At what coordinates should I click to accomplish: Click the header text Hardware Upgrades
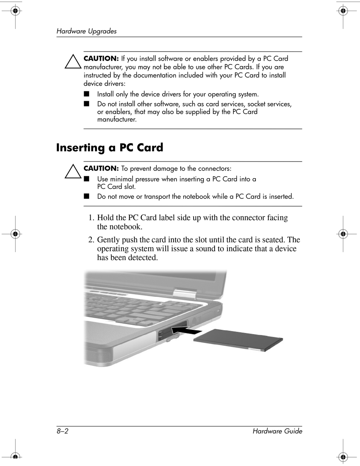point(86,31)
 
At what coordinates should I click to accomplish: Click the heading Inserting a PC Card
point(110,147)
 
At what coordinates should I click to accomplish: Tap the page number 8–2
point(62,431)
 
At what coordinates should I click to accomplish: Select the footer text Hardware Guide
point(277,431)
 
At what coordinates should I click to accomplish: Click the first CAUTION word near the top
point(101,59)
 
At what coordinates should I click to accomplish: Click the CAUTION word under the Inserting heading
point(101,168)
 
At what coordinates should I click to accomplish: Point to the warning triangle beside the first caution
point(73,62)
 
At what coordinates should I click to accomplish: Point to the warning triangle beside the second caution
point(73,171)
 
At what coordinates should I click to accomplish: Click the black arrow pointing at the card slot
point(188,331)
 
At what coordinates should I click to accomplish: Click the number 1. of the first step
point(91,218)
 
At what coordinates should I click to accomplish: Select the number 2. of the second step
point(91,240)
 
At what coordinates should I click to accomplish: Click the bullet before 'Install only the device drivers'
point(87,94)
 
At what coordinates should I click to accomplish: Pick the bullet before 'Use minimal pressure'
point(87,179)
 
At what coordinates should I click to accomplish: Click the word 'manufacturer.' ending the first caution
point(117,120)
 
